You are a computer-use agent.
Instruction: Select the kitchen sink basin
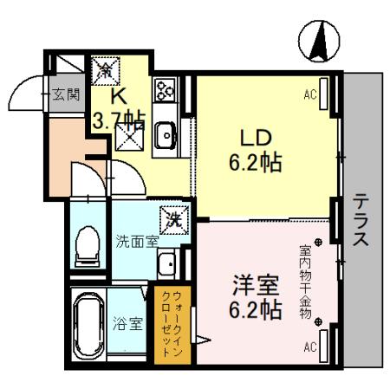pos(166,135)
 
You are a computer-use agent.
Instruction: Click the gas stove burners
pos(165,90)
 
